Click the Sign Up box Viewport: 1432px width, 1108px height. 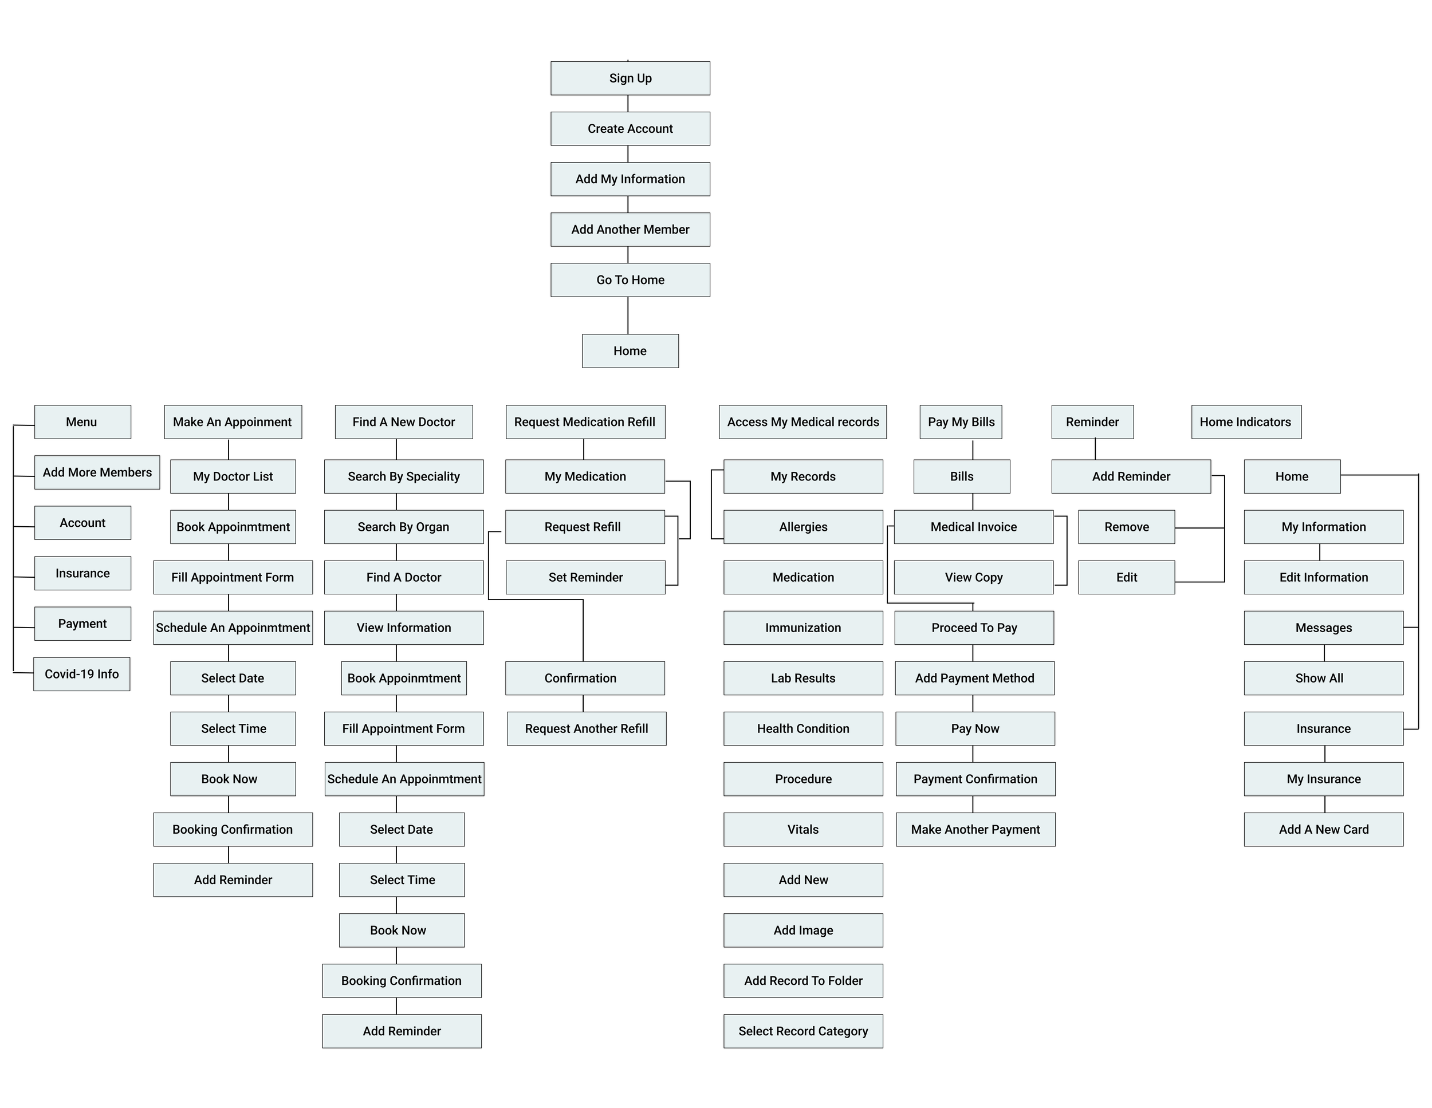630,78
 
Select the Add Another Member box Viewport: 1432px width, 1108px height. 630,230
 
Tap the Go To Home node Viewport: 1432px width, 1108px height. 630,280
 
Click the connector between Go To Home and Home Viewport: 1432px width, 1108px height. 628,316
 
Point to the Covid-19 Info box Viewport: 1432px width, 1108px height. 82,674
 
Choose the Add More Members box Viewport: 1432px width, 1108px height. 97,472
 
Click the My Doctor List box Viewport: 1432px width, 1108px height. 233,476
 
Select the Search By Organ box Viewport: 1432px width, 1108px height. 404,527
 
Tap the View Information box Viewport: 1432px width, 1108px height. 404,628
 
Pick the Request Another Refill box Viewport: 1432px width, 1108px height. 586,728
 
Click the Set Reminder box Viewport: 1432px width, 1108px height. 585,578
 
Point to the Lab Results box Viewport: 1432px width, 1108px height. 803,678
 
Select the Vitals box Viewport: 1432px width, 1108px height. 803,829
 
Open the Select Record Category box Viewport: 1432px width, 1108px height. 803,1031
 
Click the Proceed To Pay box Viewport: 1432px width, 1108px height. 974,628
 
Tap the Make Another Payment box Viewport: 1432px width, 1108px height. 975,829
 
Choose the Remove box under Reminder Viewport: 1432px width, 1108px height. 1127,527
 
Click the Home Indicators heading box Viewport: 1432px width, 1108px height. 1246,422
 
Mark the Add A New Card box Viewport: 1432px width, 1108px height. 1323,829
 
